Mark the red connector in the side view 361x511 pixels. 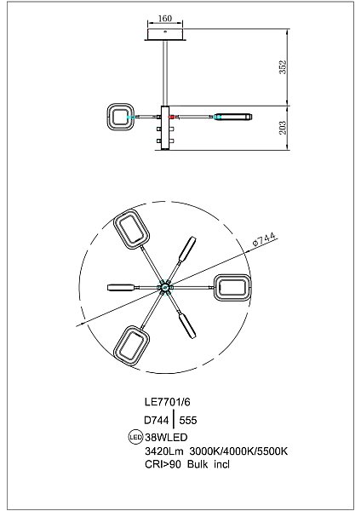tap(172, 116)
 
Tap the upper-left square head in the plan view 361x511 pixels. tap(129, 228)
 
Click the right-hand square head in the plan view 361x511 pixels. tap(232, 286)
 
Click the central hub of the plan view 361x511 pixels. tap(165, 286)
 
